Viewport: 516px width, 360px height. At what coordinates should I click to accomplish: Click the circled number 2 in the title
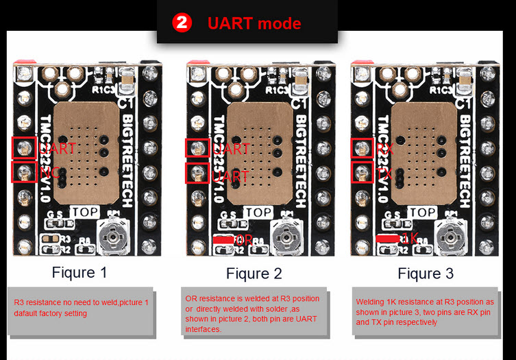(x=182, y=23)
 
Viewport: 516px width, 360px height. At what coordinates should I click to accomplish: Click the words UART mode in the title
(x=254, y=23)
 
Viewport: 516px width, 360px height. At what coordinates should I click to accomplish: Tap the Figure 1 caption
(x=79, y=272)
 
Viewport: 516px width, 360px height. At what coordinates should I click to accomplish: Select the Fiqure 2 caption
(x=254, y=274)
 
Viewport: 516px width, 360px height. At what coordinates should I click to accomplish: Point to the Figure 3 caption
(x=426, y=274)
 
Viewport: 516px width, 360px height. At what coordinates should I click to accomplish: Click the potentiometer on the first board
(x=112, y=238)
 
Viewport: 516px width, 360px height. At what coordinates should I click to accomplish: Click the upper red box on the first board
(x=24, y=147)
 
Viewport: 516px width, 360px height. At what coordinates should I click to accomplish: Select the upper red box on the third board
(x=363, y=147)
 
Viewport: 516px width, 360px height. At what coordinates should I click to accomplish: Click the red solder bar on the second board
(x=223, y=239)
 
